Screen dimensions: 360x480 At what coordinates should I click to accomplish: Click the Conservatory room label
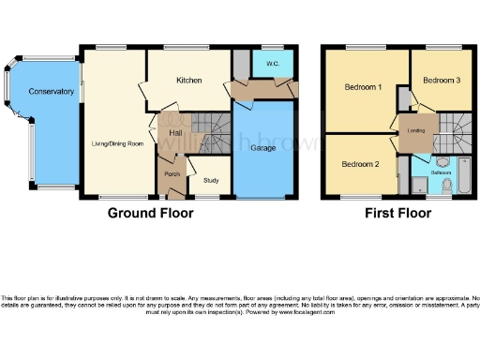click(51, 91)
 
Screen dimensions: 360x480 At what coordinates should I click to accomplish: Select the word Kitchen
click(189, 81)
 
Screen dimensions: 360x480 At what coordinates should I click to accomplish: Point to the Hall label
click(175, 134)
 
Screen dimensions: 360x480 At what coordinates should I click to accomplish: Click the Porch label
click(172, 174)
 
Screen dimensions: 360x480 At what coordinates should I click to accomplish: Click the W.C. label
click(273, 64)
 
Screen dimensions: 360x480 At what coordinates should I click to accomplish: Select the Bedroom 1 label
click(363, 87)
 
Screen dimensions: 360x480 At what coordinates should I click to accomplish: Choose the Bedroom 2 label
click(360, 164)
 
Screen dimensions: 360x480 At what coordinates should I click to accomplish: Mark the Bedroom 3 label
click(441, 81)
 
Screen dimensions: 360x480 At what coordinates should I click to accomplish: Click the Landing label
click(414, 131)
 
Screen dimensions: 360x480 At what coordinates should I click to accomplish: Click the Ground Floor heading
click(151, 213)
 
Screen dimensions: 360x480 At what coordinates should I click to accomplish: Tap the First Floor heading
click(397, 213)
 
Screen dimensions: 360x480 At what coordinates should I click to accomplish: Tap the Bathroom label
click(441, 173)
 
